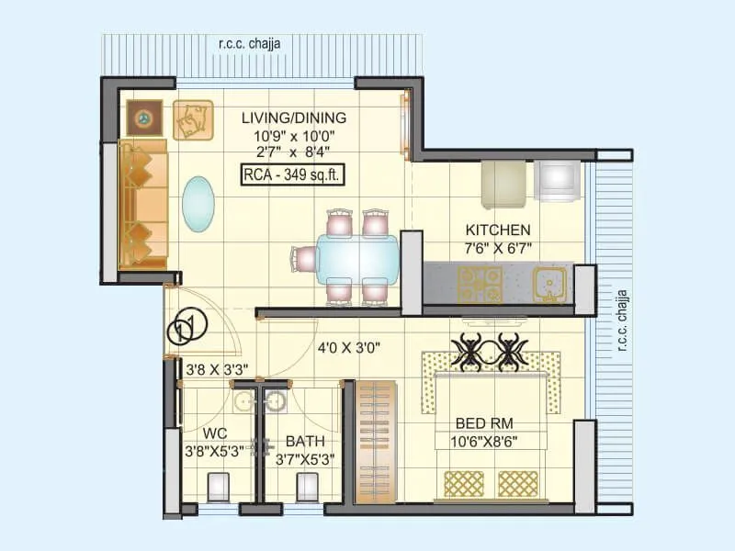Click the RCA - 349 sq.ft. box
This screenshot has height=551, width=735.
[293, 175]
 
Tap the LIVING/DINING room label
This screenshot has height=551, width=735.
[294, 118]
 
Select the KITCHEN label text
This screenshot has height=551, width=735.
[497, 230]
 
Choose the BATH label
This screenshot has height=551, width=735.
[304, 441]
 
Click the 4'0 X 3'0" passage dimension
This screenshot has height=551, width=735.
[349, 348]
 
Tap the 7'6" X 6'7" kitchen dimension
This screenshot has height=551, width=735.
[497, 248]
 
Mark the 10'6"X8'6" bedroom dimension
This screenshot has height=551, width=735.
[485, 441]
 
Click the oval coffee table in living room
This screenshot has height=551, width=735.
[197, 205]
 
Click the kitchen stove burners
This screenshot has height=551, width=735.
[481, 284]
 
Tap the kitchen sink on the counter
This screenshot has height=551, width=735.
[550, 285]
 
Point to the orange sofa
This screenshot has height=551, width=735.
[142, 204]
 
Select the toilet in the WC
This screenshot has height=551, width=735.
[218, 486]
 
